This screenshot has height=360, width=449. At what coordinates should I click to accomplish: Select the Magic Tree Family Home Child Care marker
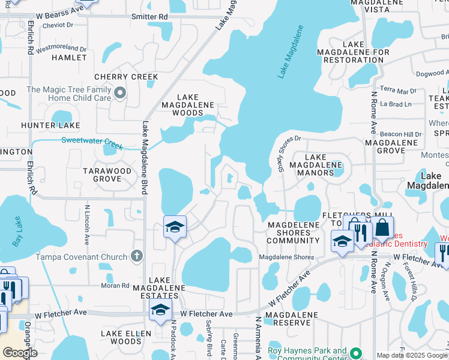click(x=120, y=92)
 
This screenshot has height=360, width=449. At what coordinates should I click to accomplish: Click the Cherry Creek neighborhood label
click(x=126, y=77)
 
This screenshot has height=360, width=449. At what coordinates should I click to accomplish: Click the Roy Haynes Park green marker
click(x=355, y=353)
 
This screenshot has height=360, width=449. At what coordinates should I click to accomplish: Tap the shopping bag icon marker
click(x=382, y=229)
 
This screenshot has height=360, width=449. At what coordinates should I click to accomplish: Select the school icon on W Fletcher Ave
click(x=160, y=311)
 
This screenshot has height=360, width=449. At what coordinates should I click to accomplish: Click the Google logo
click(x=20, y=353)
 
